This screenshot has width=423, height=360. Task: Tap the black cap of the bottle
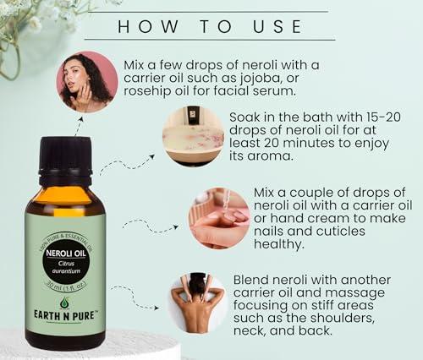(64, 159)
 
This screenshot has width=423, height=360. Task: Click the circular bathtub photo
(193, 136)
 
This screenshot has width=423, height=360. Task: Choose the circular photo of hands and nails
(219, 218)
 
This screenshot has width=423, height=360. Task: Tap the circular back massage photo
(196, 302)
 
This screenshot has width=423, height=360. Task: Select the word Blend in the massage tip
(252, 280)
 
